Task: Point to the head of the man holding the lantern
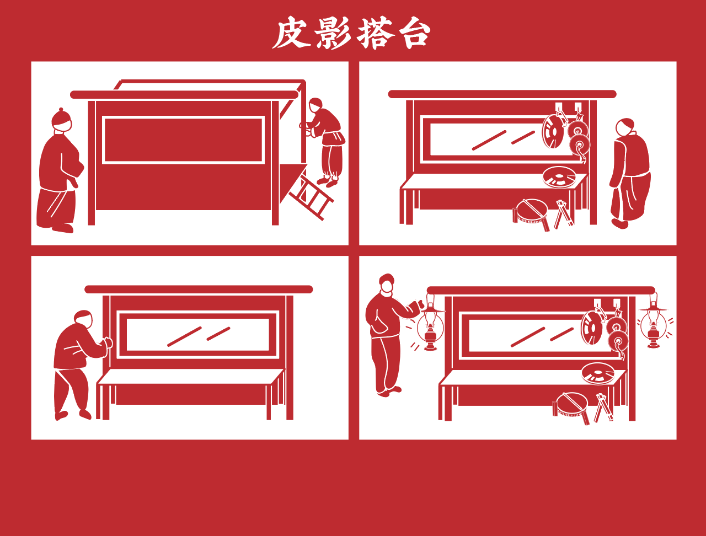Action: point(387,283)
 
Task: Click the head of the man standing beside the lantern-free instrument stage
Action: point(625,127)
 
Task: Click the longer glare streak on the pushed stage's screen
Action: point(185,336)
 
